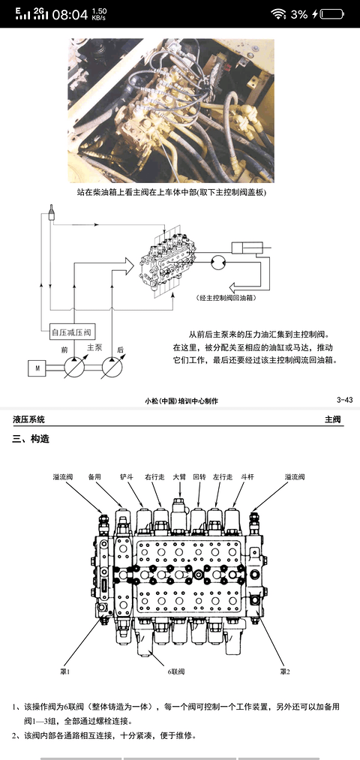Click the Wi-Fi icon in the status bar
[x=278, y=14]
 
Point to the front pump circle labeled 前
[x=73, y=368]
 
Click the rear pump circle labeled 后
[x=110, y=368]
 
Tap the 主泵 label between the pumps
[x=94, y=347]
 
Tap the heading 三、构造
[x=31, y=439]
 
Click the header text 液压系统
[x=28, y=419]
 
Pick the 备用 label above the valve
[x=94, y=476]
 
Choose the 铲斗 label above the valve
[x=127, y=476]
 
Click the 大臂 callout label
[x=179, y=476]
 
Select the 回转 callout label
[x=199, y=476]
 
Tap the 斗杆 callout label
[x=239, y=476]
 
